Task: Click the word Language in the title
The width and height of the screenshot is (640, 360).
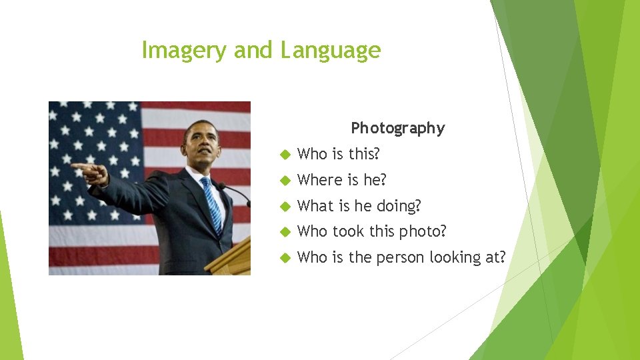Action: click(x=330, y=51)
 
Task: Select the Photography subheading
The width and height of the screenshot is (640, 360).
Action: click(x=397, y=128)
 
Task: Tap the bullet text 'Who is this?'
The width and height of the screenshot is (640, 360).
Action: click(x=338, y=154)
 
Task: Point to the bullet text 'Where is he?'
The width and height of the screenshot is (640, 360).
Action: click(x=341, y=180)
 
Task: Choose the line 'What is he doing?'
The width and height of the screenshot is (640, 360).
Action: click(x=359, y=206)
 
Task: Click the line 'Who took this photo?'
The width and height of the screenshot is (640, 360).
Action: click(x=371, y=231)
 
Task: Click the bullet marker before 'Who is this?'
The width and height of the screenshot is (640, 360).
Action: click(x=283, y=155)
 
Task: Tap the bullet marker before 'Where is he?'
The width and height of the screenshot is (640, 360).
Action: click(x=283, y=181)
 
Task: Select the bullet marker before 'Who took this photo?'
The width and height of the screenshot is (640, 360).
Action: click(x=283, y=232)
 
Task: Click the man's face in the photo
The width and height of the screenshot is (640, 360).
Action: click(x=200, y=143)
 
